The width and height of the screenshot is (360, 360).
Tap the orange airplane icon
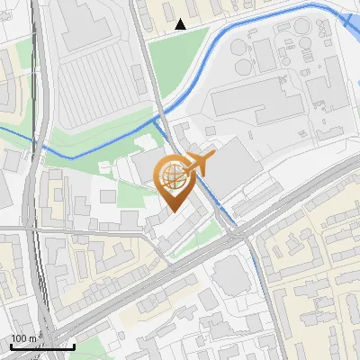[200, 163]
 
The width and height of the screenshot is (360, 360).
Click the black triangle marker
[181, 24]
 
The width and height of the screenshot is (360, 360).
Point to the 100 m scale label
[23, 338]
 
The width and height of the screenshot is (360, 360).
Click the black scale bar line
[41, 346]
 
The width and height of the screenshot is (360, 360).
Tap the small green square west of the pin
[108, 195]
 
